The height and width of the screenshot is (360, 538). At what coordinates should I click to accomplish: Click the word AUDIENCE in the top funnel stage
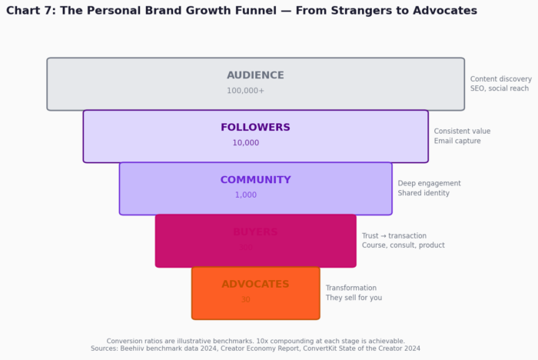(255, 75)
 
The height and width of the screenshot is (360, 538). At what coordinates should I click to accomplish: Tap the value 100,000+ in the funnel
(245, 91)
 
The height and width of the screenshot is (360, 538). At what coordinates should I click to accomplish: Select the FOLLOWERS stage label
(255, 128)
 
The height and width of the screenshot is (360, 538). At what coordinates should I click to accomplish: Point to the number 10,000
(246, 143)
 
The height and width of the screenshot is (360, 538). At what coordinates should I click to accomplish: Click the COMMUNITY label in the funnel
(255, 180)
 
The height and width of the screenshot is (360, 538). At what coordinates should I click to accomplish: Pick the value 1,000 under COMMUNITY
(246, 195)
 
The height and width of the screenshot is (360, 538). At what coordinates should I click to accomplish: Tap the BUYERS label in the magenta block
(255, 232)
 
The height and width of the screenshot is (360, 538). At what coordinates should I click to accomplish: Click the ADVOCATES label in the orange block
(255, 285)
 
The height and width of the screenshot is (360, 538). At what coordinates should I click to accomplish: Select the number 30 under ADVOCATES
(246, 300)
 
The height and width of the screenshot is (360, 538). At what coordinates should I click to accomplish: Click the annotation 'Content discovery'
(501, 79)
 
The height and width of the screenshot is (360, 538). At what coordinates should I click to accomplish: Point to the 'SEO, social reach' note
(500, 88)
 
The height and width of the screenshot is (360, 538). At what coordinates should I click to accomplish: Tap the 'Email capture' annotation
(457, 141)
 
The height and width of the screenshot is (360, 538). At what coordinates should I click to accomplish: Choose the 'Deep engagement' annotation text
(429, 184)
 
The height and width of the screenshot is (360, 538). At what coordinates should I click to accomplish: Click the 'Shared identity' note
(423, 193)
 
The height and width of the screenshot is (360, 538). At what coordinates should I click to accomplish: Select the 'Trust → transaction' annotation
(394, 236)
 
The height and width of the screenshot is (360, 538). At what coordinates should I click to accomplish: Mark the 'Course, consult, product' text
(403, 245)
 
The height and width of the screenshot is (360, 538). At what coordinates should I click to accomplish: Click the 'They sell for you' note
(354, 298)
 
